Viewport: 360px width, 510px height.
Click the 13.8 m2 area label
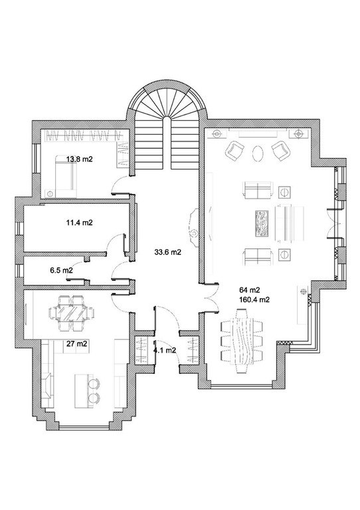79,159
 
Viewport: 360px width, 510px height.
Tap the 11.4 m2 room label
79,223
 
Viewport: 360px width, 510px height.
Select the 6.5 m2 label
61,270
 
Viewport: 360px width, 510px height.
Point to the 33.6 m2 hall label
167,252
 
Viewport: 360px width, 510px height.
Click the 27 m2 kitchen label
77,343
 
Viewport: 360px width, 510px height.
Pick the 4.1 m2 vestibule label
165,351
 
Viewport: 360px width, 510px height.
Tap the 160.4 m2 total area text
254,299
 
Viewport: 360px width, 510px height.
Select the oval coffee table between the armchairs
258,153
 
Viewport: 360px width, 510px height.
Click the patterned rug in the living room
262,224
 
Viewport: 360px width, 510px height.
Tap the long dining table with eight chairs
242,341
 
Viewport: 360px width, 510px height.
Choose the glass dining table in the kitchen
71,313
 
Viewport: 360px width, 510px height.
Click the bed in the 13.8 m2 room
66,176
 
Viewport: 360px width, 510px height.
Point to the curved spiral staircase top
167,99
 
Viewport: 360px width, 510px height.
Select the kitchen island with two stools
87,391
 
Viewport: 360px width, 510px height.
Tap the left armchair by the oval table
234,150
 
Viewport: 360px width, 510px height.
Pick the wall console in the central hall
193,228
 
